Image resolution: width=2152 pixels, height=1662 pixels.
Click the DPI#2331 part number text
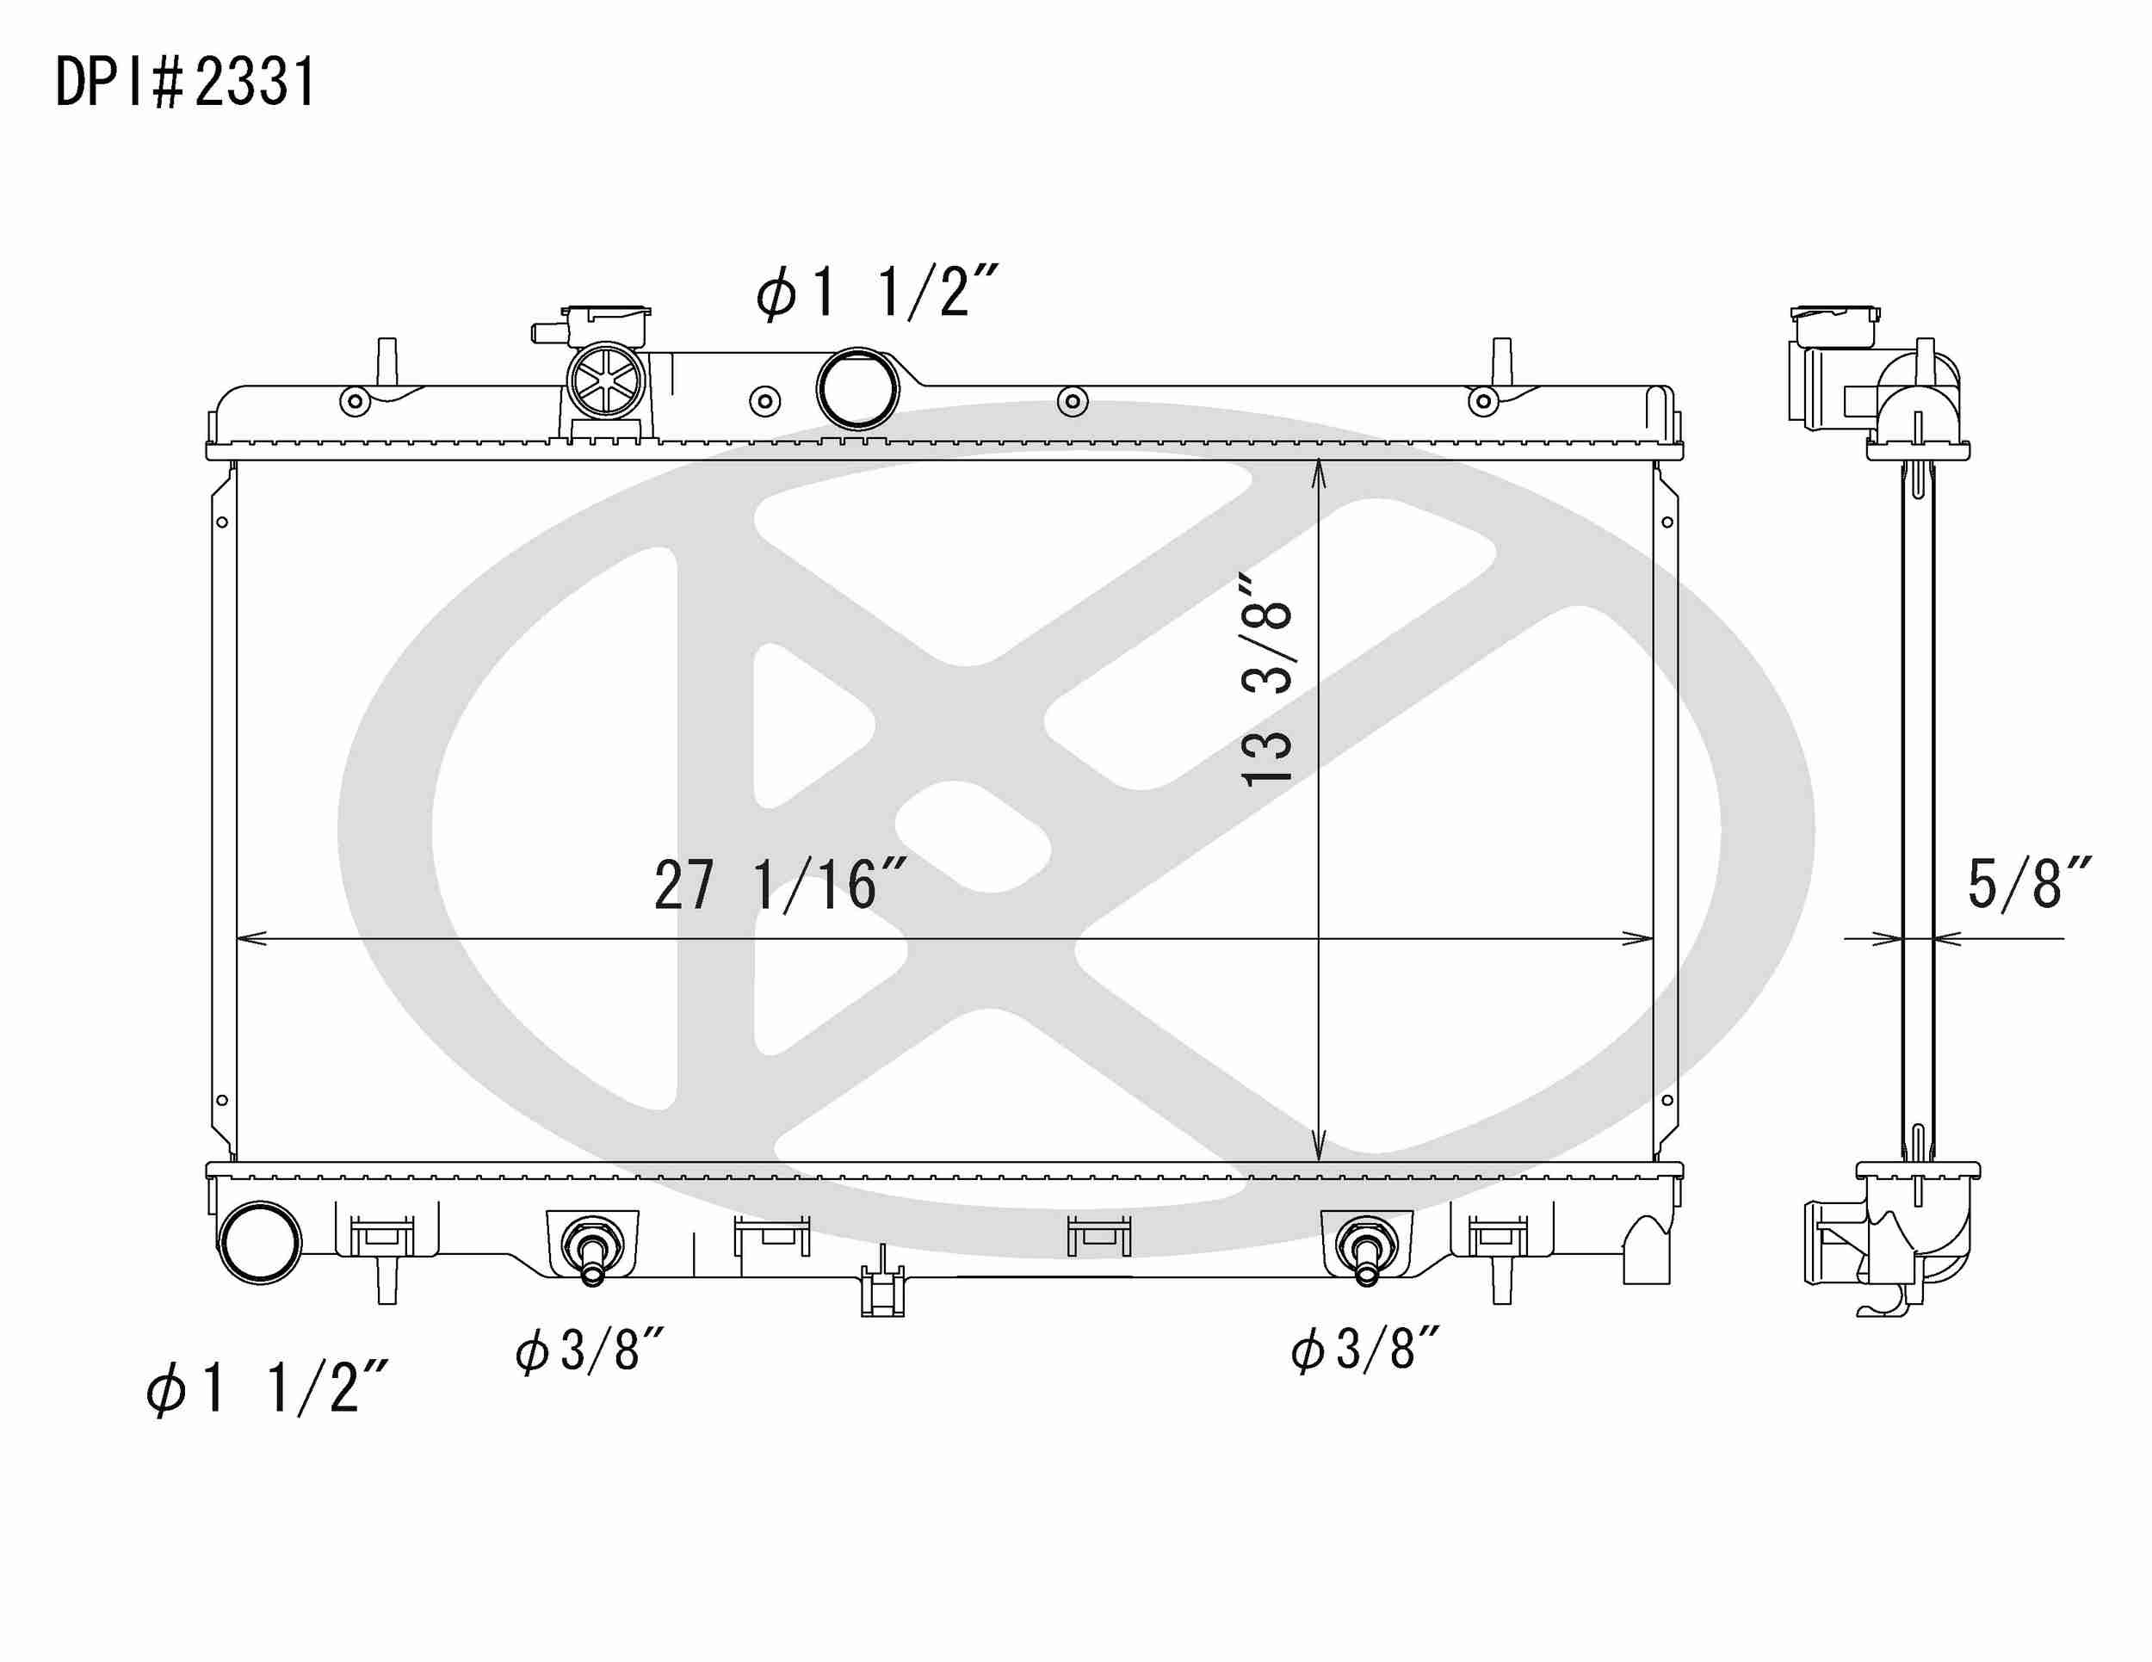185,83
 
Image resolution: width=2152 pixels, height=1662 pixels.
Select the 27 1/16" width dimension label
779,886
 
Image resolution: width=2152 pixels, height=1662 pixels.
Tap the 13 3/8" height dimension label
1267,680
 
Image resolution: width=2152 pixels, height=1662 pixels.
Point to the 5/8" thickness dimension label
2028,884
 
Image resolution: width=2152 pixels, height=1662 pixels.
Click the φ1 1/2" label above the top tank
878,293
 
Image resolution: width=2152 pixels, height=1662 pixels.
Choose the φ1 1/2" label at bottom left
267,1388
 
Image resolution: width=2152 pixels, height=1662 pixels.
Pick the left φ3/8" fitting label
591,1350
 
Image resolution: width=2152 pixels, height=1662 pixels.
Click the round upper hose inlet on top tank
858,389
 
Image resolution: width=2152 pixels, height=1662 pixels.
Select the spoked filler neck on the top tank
606,381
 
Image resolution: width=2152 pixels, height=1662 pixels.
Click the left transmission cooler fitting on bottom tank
592,1252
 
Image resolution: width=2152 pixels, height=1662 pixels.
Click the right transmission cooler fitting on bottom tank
1366,1252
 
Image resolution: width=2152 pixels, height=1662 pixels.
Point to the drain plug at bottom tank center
881,1290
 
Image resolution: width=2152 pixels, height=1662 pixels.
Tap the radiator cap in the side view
1834,326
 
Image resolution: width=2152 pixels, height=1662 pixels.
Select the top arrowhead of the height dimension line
1319,473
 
